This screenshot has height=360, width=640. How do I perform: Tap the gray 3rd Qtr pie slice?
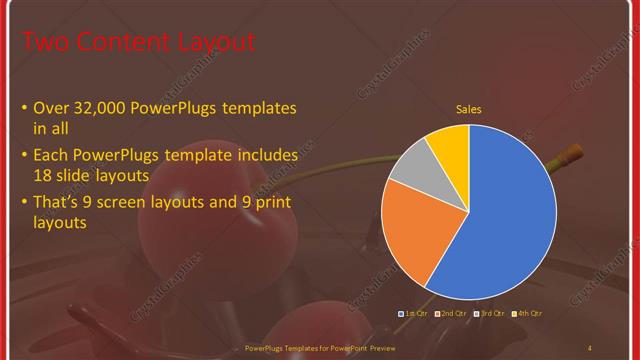point(411,180)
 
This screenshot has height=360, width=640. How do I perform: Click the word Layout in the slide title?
point(211,42)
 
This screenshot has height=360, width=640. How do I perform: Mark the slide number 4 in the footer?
point(589,348)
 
